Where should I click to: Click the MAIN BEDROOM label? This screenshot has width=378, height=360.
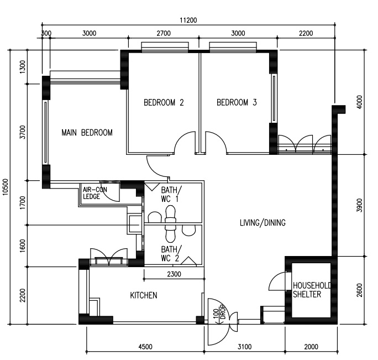[x=87, y=133]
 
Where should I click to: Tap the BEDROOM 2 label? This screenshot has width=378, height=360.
[x=164, y=102]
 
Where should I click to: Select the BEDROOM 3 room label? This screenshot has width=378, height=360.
[x=237, y=102]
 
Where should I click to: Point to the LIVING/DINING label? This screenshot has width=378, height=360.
[x=262, y=222]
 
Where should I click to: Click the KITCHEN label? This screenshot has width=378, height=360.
[x=144, y=295]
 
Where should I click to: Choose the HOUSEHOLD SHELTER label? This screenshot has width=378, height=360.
[x=312, y=290]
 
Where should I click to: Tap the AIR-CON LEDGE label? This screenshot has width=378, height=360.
[x=95, y=193]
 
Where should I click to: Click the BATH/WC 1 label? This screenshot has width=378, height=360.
[x=171, y=195]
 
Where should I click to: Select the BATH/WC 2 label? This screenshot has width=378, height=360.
[x=171, y=254]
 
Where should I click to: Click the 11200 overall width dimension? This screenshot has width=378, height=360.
[x=188, y=20]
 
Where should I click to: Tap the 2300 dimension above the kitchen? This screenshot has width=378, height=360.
[x=174, y=274]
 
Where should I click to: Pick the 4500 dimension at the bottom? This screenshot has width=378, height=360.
[x=145, y=347]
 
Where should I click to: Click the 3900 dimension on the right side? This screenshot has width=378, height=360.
[x=359, y=205]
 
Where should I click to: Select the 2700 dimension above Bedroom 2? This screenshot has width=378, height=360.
[x=164, y=33]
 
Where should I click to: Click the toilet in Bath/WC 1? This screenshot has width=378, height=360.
[x=170, y=213]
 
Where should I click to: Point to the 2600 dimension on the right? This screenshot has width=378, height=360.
[x=359, y=290]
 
